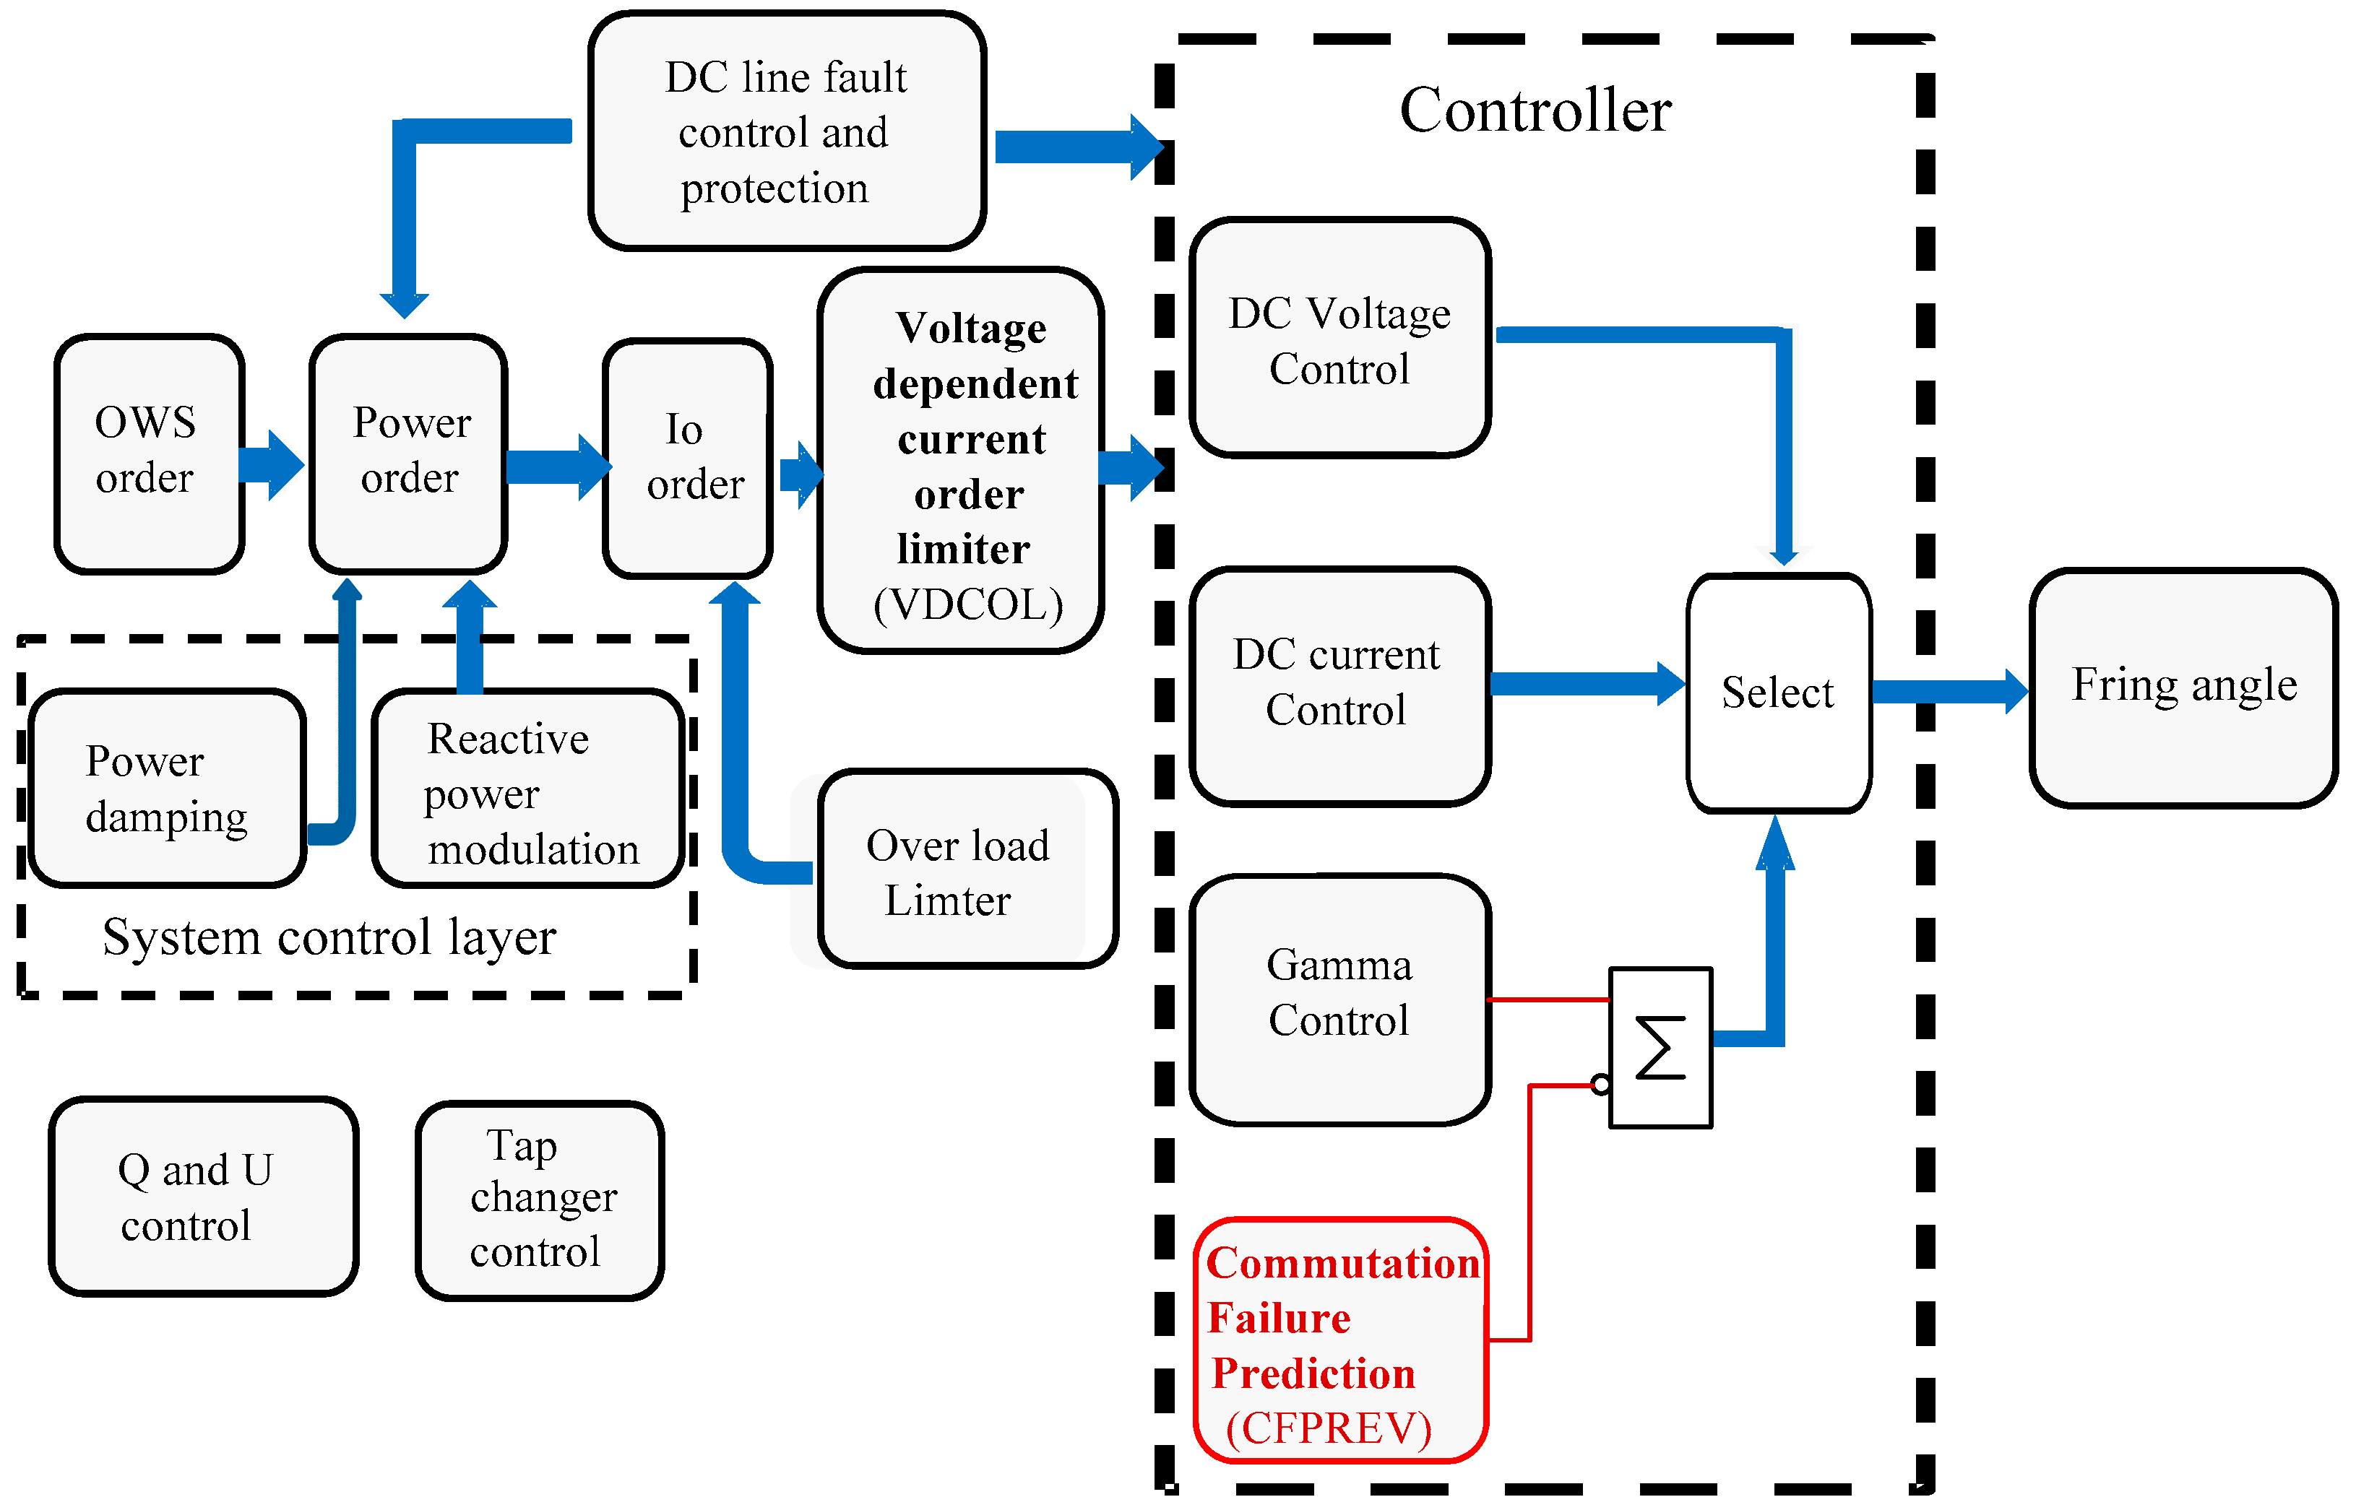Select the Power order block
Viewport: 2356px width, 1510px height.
coord(408,453)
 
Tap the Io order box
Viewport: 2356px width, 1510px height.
coord(689,458)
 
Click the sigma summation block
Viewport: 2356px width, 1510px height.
coord(1660,1047)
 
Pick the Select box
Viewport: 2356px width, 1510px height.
coord(1778,693)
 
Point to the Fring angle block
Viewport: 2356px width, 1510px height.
coord(2183,686)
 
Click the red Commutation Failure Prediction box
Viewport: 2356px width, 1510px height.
coord(1340,1340)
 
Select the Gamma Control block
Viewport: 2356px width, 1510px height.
coord(1340,998)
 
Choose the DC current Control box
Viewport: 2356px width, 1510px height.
coord(1340,685)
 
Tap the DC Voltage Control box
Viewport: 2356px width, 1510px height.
coord(1340,338)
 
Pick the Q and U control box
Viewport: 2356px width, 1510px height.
coord(203,1197)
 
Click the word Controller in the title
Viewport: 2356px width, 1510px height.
coord(1535,110)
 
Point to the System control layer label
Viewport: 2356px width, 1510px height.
coord(329,937)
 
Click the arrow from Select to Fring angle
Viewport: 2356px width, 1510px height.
coord(1947,691)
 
